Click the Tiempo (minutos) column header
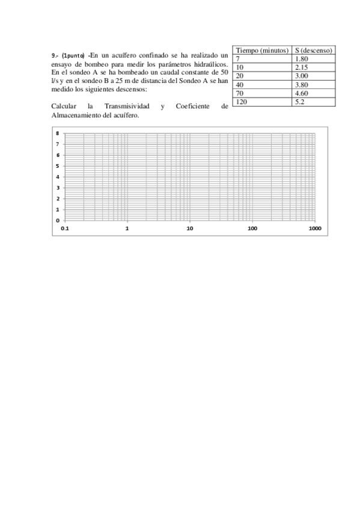(263, 50)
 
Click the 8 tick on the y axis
(57, 134)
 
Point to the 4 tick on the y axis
(57, 177)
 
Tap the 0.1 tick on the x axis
(65, 229)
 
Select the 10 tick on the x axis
(190, 229)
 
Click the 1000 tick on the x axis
(314, 229)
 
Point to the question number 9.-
(55, 55)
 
